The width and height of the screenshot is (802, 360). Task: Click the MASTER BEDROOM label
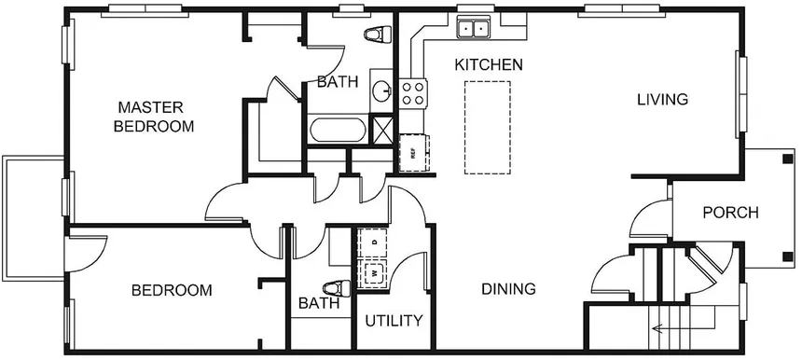click(154, 116)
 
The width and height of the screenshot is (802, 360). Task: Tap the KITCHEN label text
click(488, 65)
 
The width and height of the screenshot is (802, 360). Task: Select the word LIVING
click(662, 99)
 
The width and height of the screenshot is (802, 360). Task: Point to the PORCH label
click(730, 213)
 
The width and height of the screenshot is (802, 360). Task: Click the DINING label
click(508, 289)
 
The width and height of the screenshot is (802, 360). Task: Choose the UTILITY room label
click(394, 321)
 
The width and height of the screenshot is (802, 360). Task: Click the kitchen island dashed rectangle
click(487, 127)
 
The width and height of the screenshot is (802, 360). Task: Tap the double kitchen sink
click(473, 29)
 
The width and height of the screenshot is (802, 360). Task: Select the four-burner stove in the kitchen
click(413, 93)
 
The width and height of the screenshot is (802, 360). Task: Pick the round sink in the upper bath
click(381, 91)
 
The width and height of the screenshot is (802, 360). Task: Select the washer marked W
click(375, 272)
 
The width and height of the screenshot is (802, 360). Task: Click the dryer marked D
click(375, 242)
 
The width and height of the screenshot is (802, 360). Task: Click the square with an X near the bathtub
click(382, 129)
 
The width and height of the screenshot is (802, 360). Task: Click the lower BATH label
click(316, 304)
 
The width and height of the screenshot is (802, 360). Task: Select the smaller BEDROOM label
click(171, 290)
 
